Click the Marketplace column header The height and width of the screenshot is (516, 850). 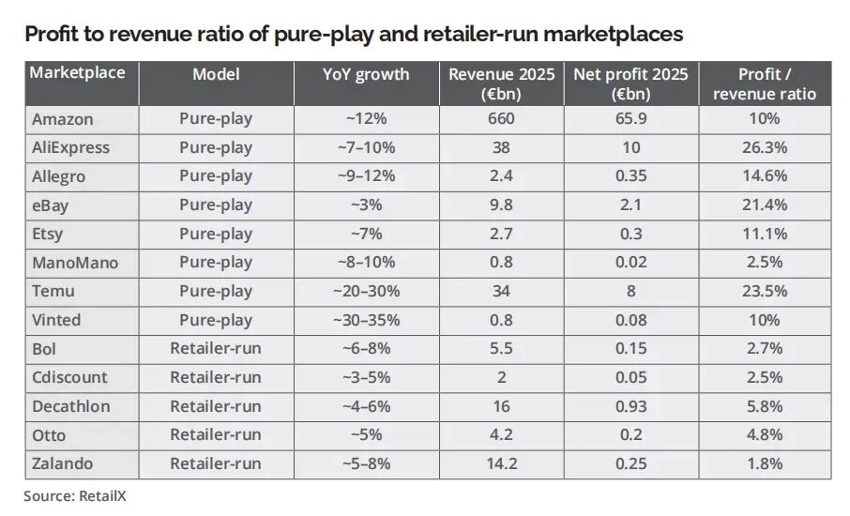pyautogui.click(x=77, y=72)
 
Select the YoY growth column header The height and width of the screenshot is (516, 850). pyautogui.click(x=366, y=74)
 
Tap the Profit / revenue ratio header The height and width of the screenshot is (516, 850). pyautogui.click(x=765, y=84)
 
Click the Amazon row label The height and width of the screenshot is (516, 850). pyautogui.click(x=62, y=119)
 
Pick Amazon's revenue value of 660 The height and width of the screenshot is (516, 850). pyautogui.click(x=501, y=119)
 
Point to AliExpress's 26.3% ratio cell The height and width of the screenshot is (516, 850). pyautogui.click(x=765, y=147)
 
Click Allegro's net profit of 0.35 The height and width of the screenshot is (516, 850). pyautogui.click(x=631, y=176)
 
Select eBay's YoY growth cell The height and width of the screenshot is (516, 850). pyautogui.click(x=366, y=205)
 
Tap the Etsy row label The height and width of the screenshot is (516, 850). pyautogui.click(x=48, y=235)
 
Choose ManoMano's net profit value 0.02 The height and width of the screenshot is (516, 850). pyautogui.click(x=631, y=263)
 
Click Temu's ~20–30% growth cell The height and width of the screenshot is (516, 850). pyautogui.click(x=366, y=291)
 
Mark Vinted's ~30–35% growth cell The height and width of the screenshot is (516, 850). pyautogui.click(x=366, y=320)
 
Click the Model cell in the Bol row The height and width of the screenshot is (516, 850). pyautogui.click(x=216, y=348)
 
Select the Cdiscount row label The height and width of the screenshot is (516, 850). pyautogui.click(x=70, y=377)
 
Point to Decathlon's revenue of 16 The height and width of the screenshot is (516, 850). pyautogui.click(x=501, y=406)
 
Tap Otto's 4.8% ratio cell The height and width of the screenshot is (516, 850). pyautogui.click(x=765, y=434)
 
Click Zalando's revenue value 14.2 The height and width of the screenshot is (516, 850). pyautogui.click(x=501, y=463)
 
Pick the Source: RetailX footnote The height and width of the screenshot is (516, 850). pyautogui.click(x=75, y=496)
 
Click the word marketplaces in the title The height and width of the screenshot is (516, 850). pyautogui.click(x=613, y=34)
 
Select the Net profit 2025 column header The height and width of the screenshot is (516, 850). pyautogui.click(x=631, y=84)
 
